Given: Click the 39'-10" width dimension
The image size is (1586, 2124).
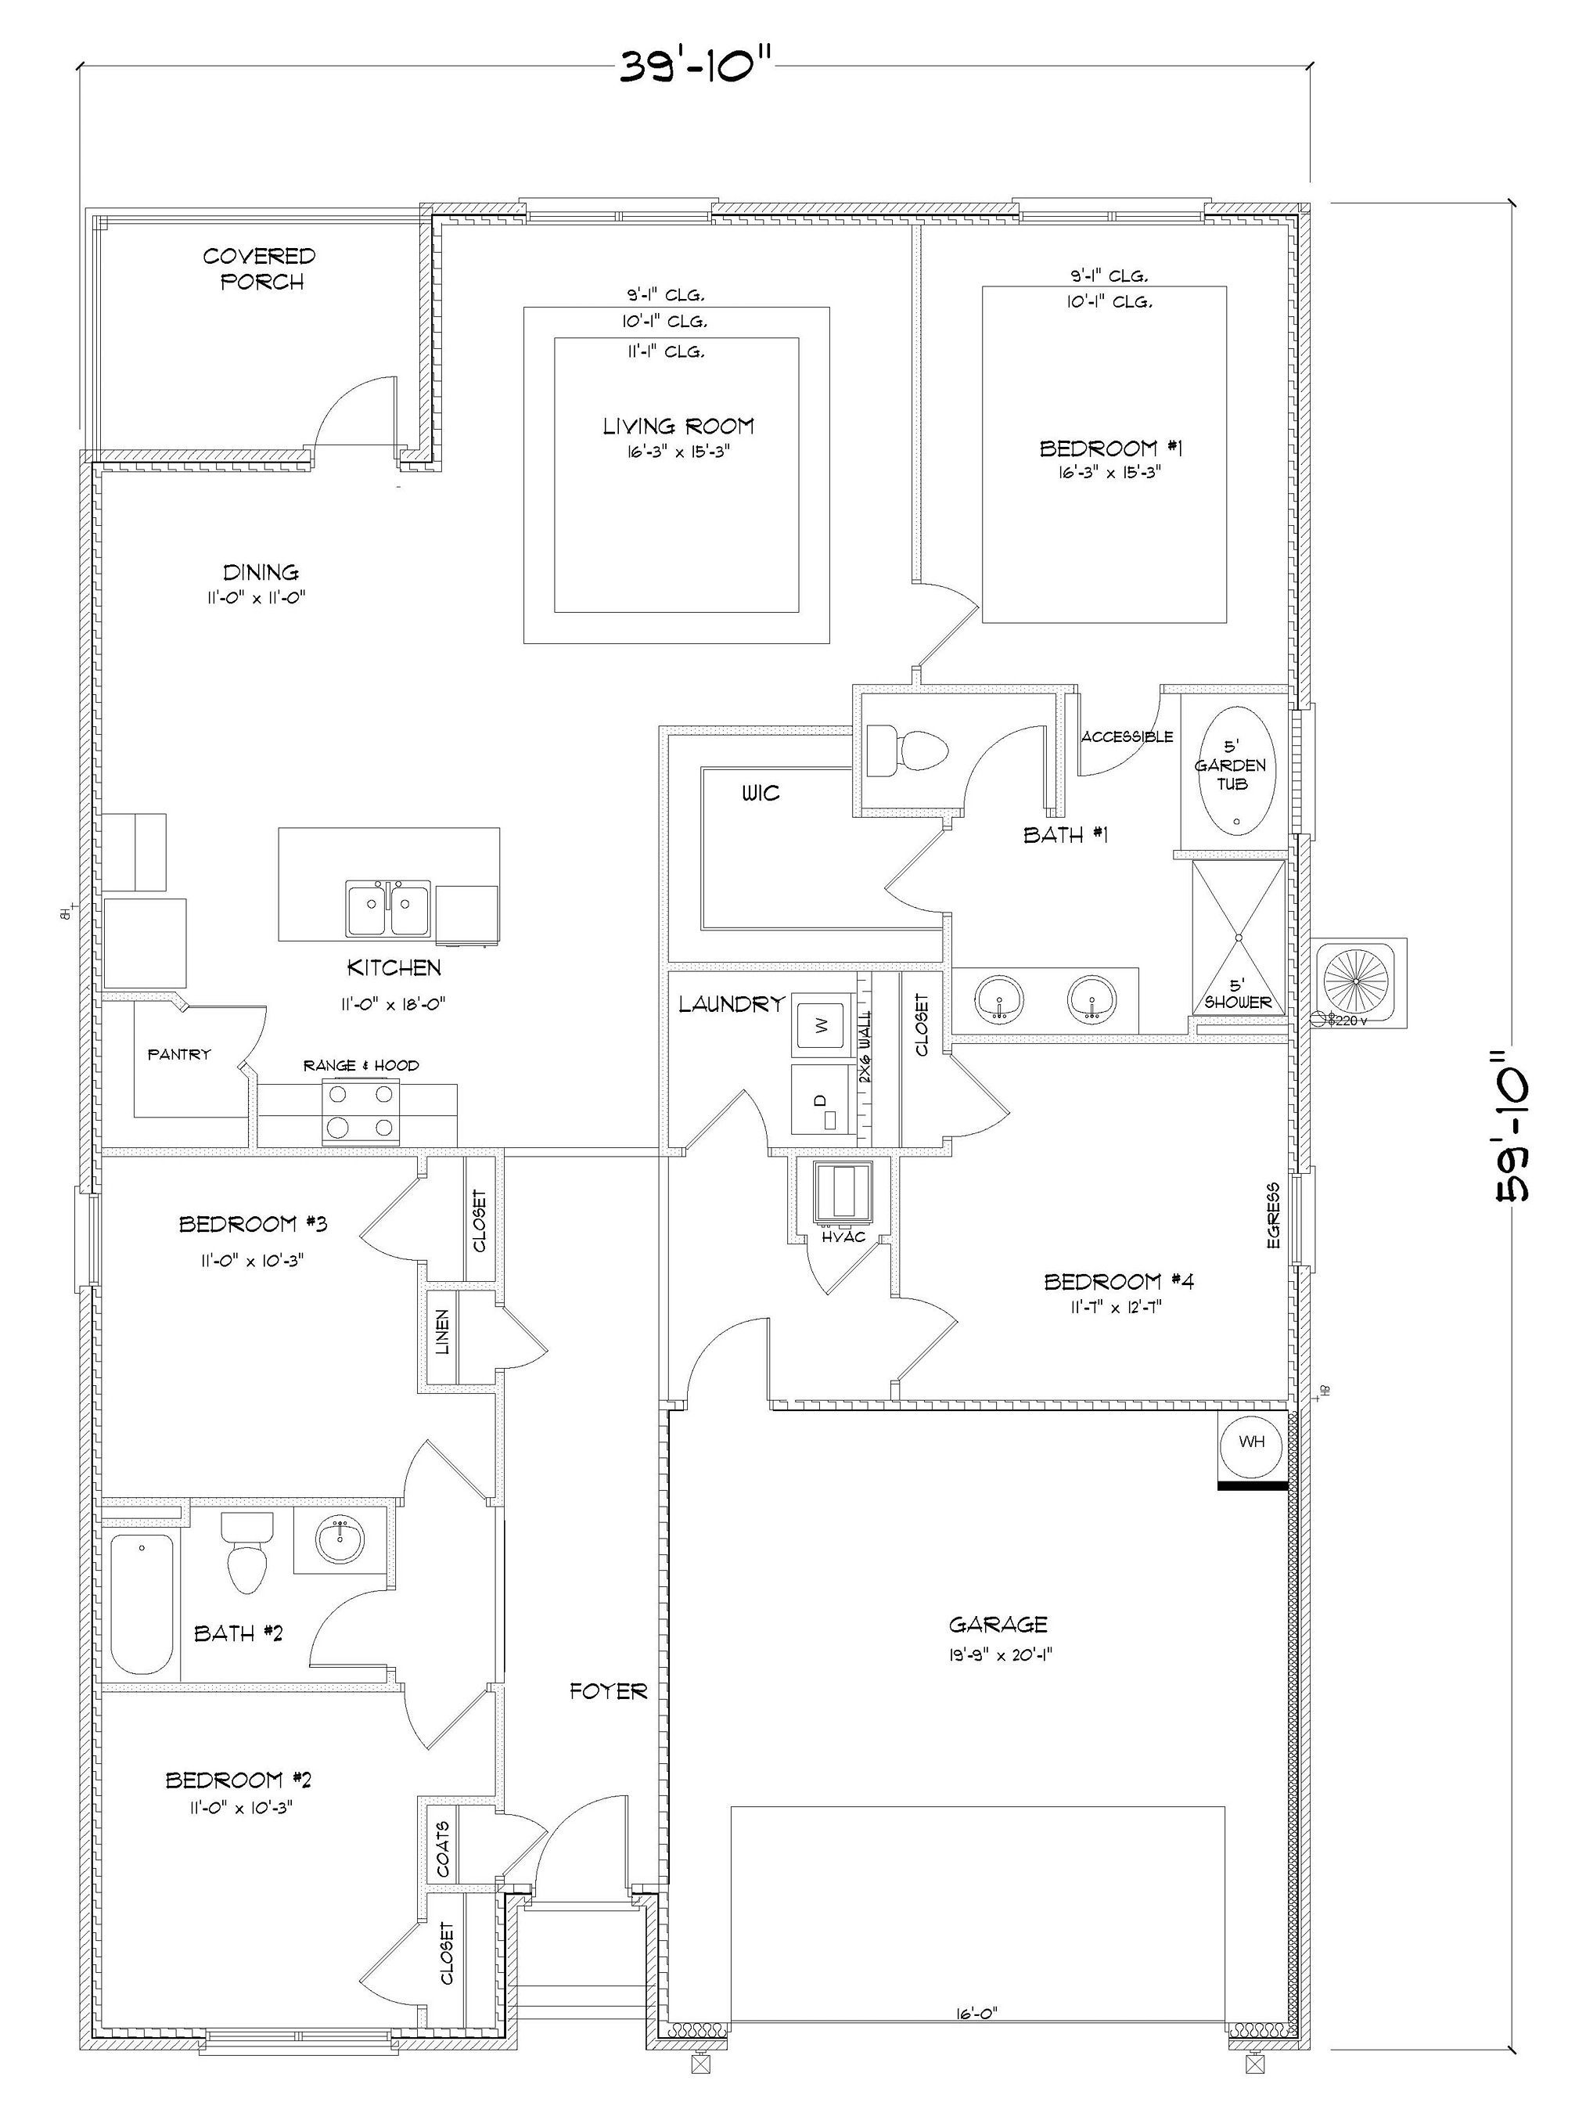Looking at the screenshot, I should coord(694,67).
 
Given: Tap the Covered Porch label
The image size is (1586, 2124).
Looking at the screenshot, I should coord(259,269).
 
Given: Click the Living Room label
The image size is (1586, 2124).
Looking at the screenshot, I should coord(678,427).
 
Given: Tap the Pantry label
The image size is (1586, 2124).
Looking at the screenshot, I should coord(178,1054).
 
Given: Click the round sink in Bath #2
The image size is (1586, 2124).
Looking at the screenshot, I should coord(340,1539).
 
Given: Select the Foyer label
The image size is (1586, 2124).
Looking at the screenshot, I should coord(608,1691).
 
